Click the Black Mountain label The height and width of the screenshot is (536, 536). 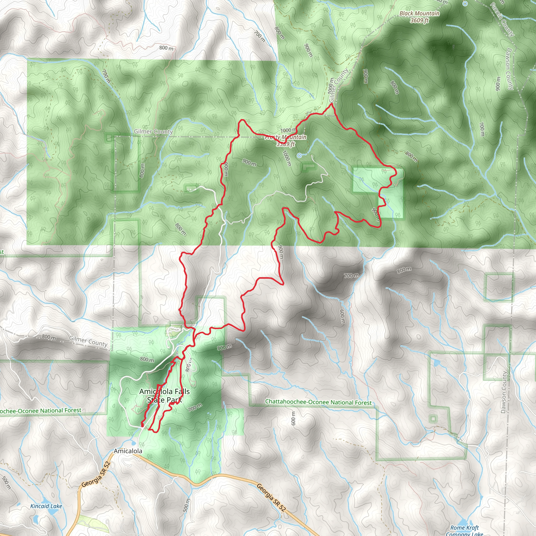pyautogui.click(x=419, y=13)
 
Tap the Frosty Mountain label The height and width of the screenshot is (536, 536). pyautogui.click(x=286, y=137)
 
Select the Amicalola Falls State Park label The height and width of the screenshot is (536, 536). pyautogui.click(x=165, y=395)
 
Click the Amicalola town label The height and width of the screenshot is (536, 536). pyautogui.click(x=128, y=451)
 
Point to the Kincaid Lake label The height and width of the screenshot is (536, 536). pyautogui.click(x=46, y=506)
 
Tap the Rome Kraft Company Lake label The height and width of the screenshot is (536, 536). pyautogui.click(x=465, y=531)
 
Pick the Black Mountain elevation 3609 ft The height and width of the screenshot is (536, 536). pyautogui.click(x=419, y=20)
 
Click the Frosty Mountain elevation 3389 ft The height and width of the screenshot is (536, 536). pyautogui.click(x=286, y=144)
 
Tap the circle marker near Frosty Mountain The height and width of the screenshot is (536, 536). pyautogui.click(x=299, y=156)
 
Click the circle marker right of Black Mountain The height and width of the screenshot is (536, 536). pyautogui.click(x=465, y=4)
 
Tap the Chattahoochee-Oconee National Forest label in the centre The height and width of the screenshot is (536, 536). pyautogui.click(x=318, y=402)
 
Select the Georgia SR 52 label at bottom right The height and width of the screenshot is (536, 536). pyautogui.click(x=271, y=498)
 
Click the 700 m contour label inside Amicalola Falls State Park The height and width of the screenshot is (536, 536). pyautogui.click(x=195, y=407)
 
